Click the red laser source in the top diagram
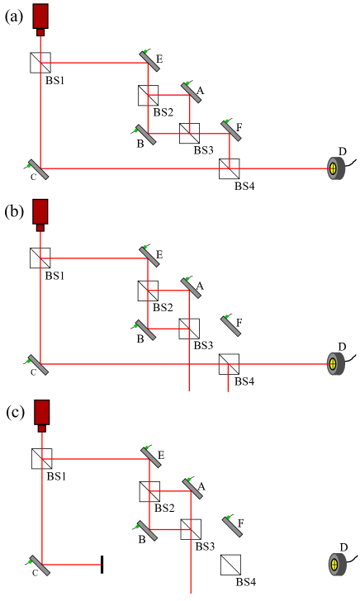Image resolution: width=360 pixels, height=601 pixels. click(40, 17)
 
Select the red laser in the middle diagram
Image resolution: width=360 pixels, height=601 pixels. click(40, 213)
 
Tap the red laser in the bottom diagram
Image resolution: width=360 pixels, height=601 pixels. click(42, 414)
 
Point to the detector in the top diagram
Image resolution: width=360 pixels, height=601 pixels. click(334, 168)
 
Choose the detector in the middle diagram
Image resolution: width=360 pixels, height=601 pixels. click(334, 363)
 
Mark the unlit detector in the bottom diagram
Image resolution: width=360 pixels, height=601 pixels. click(335, 565)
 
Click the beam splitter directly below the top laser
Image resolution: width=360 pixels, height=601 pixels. click(40, 63)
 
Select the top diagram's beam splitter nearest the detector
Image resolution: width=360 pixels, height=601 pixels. click(229, 168)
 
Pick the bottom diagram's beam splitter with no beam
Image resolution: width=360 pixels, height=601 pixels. click(230, 565)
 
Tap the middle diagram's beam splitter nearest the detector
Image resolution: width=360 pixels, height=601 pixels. click(229, 364)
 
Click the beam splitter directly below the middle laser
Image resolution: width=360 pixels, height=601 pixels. click(40, 258)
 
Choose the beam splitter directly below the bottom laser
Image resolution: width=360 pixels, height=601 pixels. click(42, 459)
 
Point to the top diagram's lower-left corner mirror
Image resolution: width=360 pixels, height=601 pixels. click(38, 169)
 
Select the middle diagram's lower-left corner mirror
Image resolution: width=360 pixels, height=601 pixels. click(38, 364)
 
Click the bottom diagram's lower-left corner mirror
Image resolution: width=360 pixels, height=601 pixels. click(39, 566)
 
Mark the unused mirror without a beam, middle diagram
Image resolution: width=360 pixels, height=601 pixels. click(231, 325)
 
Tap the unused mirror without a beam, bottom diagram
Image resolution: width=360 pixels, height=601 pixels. click(233, 526)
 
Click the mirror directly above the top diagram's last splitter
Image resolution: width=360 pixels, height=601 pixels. click(231, 130)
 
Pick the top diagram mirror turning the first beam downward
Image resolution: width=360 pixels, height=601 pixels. click(149, 60)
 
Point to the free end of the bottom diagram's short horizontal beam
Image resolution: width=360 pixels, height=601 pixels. click(100, 565)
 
